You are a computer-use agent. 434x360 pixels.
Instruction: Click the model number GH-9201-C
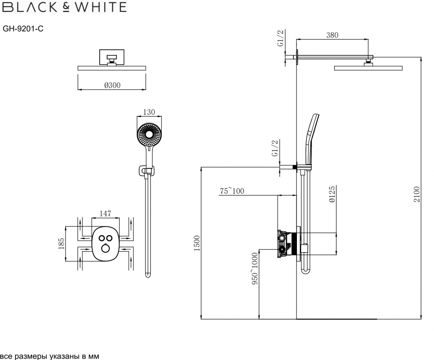pyautogui.click(x=23, y=29)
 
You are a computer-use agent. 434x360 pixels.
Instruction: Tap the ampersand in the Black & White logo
pyautogui.click(x=66, y=7)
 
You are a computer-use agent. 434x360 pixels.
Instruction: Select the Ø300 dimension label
pyautogui.click(x=112, y=85)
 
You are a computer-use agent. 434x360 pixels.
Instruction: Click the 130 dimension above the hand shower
pyautogui.click(x=149, y=112)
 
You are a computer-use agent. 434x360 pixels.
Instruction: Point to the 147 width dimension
pyautogui.click(x=105, y=213)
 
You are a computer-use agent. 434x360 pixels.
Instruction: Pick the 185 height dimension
pyautogui.click(x=61, y=244)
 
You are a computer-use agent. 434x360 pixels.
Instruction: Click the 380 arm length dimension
pyautogui.click(x=332, y=35)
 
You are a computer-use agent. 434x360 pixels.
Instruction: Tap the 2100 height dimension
pyautogui.click(x=417, y=194)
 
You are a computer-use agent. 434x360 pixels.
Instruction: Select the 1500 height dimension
pyautogui.click(x=196, y=243)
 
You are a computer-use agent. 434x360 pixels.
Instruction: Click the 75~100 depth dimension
pyautogui.click(x=232, y=191)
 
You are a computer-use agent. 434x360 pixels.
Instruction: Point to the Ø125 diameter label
pyautogui.click(x=332, y=194)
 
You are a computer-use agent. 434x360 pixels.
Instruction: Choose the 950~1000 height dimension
pyautogui.click(x=255, y=268)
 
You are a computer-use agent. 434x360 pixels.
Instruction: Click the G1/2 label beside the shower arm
pyautogui.click(x=280, y=38)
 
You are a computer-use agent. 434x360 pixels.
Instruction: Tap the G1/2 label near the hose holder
pyautogui.click(x=275, y=148)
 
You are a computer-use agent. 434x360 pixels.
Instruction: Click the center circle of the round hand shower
pyautogui.click(x=149, y=135)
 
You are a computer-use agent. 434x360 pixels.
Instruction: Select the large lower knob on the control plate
pyautogui.click(x=105, y=248)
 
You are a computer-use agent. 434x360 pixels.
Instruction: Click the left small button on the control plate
pyautogui.click(x=101, y=238)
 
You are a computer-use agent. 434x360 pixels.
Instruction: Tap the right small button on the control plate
pyautogui.click(x=109, y=238)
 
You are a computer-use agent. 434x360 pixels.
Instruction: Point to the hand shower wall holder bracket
pyautogui.click(x=146, y=171)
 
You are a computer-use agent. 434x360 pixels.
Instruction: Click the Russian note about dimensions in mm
pyautogui.click(x=50, y=356)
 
